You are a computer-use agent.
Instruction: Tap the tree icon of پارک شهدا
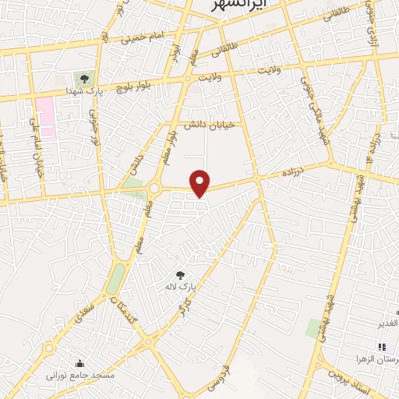(x=84, y=78)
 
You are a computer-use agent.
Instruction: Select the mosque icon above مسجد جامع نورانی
(x=79, y=362)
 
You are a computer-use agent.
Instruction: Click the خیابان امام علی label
(x=36, y=148)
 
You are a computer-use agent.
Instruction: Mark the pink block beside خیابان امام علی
(x=46, y=117)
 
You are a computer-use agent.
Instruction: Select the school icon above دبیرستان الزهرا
(x=382, y=347)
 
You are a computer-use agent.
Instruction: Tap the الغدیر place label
(x=387, y=323)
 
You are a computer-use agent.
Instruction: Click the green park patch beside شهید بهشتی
(x=314, y=328)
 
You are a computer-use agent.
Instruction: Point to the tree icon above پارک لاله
(x=180, y=274)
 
